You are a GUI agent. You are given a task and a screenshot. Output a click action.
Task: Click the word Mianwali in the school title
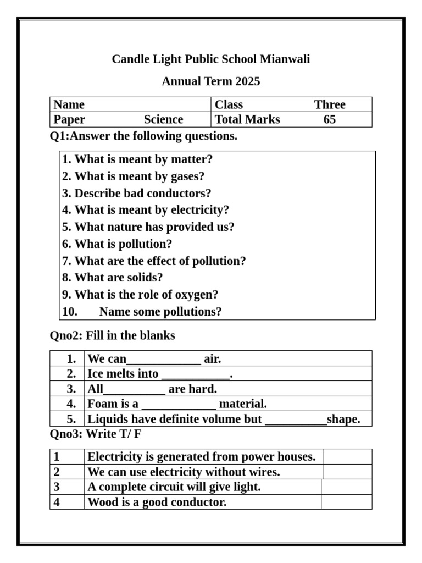pyautogui.click(x=285, y=59)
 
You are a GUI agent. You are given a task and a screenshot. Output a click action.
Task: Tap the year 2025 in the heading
pyautogui.click(x=247, y=82)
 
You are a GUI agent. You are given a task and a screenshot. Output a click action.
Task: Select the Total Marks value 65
pyautogui.click(x=330, y=120)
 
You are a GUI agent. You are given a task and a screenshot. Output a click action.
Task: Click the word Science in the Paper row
pyautogui.click(x=164, y=120)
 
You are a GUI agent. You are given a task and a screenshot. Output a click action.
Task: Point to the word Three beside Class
pyautogui.click(x=330, y=104)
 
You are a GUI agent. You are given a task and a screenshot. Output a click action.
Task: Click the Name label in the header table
pyautogui.click(x=69, y=104)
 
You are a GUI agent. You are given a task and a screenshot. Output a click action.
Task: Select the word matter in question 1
pyautogui.click(x=192, y=159)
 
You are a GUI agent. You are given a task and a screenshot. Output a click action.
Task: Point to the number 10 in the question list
pyautogui.click(x=69, y=312)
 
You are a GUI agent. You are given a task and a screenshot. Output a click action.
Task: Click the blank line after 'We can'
pyautogui.click(x=164, y=360)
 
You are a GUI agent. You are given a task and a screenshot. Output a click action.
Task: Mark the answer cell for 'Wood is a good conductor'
pyautogui.click(x=346, y=502)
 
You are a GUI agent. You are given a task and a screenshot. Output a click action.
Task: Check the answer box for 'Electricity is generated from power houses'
pyautogui.click(x=347, y=457)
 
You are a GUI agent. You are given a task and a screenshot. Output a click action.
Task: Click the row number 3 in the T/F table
pyautogui.click(x=57, y=487)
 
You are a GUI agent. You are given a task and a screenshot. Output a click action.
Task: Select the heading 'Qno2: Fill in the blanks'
pyautogui.click(x=113, y=335)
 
